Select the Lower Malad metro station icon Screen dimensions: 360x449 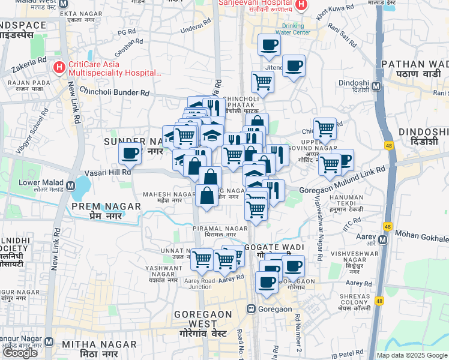(71, 185)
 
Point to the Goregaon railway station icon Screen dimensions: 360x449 (251, 309)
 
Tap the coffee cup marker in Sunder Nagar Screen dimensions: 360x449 (130, 154)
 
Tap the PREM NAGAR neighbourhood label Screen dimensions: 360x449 (106, 206)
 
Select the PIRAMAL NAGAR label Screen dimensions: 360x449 (220, 229)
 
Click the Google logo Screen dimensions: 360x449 (20, 353)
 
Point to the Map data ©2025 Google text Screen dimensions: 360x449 (411, 355)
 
